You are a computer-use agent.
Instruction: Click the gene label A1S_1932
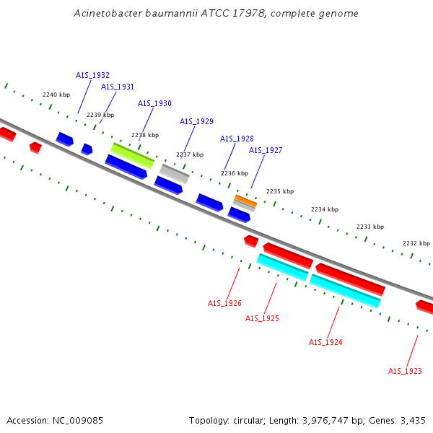tap(92, 75)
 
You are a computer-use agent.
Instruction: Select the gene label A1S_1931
tap(118, 87)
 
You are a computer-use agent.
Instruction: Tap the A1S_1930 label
tap(154, 103)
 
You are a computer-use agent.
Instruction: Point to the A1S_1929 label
tap(196, 121)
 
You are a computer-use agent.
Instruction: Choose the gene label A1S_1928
tap(237, 139)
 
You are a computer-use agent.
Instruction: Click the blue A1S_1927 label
tap(266, 150)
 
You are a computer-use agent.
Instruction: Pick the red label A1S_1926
tap(224, 303)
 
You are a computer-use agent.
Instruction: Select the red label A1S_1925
tap(262, 318)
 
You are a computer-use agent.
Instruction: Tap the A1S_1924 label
tap(325, 342)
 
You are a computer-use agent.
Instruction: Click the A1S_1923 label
tap(405, 371)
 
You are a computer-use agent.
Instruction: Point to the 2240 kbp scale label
tap(56, 95)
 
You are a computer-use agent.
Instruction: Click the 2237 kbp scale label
tap(190, 154)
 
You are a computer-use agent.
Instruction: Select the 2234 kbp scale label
tap(325, 209)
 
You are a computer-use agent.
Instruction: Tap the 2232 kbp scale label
tap(416, 243)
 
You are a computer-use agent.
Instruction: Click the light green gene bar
tap(132, 154)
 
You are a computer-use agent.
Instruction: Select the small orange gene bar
tap(245, 200)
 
